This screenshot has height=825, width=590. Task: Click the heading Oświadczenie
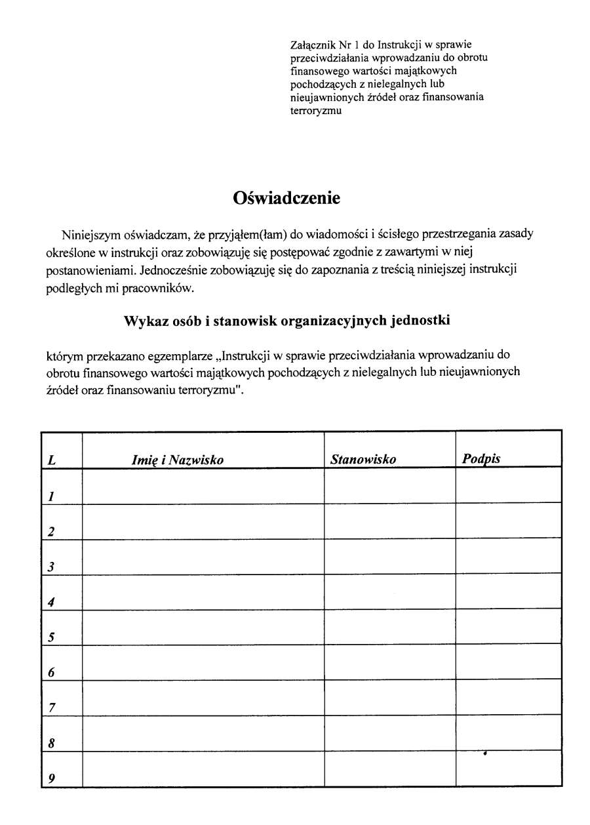coord(286,198)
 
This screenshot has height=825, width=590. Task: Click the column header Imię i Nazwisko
coord(178,460)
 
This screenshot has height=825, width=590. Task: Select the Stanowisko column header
coord(363,459)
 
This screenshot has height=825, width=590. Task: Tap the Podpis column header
coord(481,458)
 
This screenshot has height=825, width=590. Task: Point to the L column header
coord(51,460)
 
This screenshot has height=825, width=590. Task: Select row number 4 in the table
coord(50,602)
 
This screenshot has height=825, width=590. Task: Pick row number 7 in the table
coord(51,708)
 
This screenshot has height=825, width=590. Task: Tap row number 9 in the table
coord(51,779)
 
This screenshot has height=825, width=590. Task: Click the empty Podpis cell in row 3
coord(509,556)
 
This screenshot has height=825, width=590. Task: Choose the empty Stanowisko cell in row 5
coord(390,626)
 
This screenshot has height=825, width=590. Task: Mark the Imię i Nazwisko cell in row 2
coord(203,521)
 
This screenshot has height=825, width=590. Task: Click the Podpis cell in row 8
coord(509,733)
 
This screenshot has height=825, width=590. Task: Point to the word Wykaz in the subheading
coord(144,321)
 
